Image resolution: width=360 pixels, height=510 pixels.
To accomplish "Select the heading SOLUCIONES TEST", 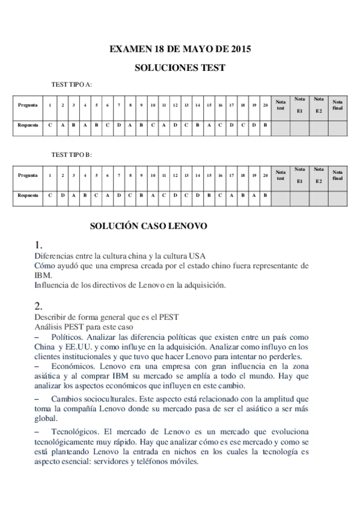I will coord(179,68).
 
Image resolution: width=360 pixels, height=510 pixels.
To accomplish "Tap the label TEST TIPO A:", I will coord(72,85).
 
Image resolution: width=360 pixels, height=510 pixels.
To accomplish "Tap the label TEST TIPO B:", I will coord(72,155).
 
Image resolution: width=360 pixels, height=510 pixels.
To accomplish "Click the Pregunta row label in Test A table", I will coord(28,105).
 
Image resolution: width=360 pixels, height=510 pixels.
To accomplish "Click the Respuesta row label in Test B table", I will coord(28,195).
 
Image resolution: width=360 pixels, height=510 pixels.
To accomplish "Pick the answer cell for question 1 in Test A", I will coord(50,126).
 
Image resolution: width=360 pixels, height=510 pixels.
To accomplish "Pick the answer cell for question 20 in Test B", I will coord(265,195).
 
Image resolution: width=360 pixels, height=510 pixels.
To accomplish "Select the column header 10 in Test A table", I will coord(153,105).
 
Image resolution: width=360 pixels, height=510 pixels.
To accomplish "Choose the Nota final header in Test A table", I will coord(337,105).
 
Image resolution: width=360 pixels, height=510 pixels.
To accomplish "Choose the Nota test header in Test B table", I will coord(281,175).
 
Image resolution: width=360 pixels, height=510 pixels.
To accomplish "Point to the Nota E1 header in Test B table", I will coord(300,175).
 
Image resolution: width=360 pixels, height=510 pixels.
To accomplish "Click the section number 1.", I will coord(38,245).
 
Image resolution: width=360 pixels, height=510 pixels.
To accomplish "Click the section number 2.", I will coord(38,305).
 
